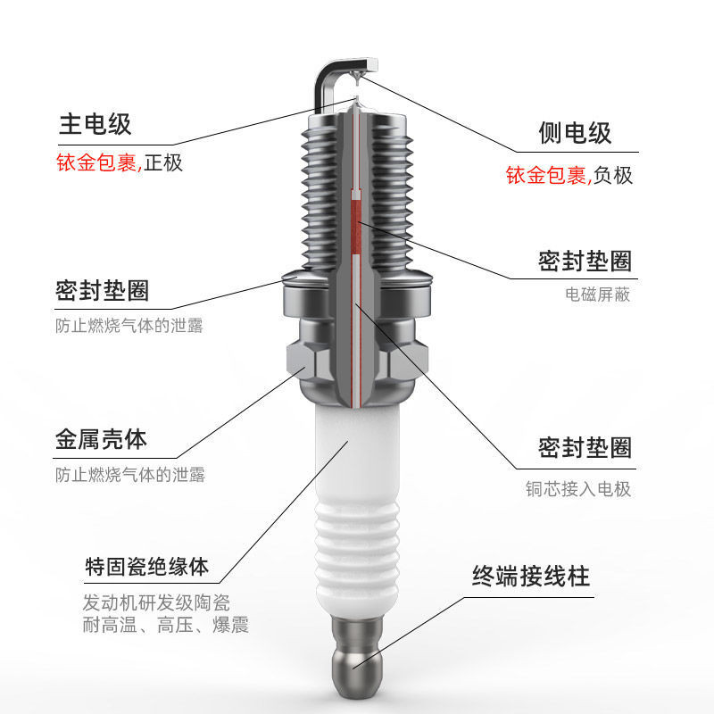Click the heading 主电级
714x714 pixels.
[x=95, y=124]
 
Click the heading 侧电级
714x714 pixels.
[x=575, y=133]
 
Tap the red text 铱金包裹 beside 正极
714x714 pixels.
[x=97, y=163]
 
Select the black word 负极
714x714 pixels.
[x=613, y=176]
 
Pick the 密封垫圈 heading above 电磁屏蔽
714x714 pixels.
[x=585, y=262]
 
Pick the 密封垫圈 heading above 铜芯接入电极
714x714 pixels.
[x=585, y=447]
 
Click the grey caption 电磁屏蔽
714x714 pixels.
[x=597, y=294]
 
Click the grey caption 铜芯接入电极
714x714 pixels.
[x=577, y=489]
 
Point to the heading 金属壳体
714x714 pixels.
[x=101, y=439]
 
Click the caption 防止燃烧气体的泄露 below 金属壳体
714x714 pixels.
[x=129, y=475]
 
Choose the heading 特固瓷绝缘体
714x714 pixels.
[x=146, y=566]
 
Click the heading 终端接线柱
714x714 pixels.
[x=531, y=576]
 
